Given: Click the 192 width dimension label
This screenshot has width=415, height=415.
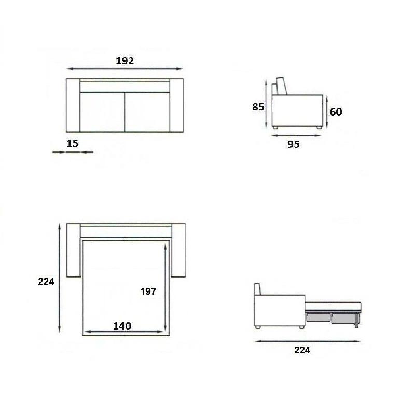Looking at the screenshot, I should pos(125,61).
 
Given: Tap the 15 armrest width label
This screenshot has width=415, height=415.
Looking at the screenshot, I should pos(73,143).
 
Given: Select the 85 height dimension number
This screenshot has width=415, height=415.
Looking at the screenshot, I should pos(258,107).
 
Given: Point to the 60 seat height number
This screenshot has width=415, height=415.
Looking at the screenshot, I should pos(336,112).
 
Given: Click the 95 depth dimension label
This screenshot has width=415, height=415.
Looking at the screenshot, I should pos(294,145).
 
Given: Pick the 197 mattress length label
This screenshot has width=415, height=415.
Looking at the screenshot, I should pos(148,292).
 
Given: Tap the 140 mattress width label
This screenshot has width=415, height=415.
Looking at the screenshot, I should pos(122,326).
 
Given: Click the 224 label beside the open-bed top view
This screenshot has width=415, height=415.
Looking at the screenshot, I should pos(46,282).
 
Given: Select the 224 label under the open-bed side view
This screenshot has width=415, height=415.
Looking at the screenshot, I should pos(302,350).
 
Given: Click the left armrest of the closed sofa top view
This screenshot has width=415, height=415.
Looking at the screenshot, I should pos(73,105).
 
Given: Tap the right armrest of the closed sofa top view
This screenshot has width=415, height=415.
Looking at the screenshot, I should pos(177,105).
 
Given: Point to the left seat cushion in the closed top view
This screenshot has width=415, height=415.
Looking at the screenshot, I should pos(102,112).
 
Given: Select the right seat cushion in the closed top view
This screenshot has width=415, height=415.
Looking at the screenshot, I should pos(148,112).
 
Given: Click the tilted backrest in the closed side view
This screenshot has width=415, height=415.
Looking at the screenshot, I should pos(281,86).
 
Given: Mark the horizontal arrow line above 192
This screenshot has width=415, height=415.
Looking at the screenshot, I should pos(125,68).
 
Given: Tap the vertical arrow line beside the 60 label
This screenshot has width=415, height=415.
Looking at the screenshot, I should pos(326,112).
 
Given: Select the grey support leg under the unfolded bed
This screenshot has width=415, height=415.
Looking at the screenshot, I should pos(356,321).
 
